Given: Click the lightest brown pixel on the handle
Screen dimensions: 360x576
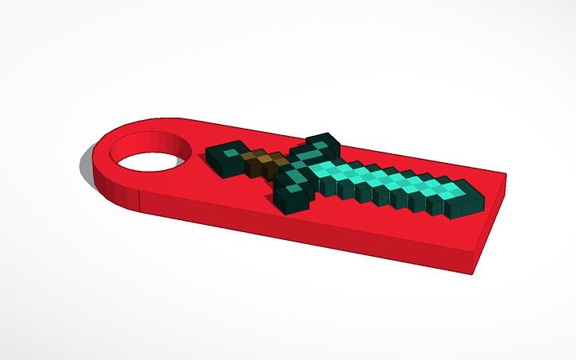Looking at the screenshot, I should (270, 161).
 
